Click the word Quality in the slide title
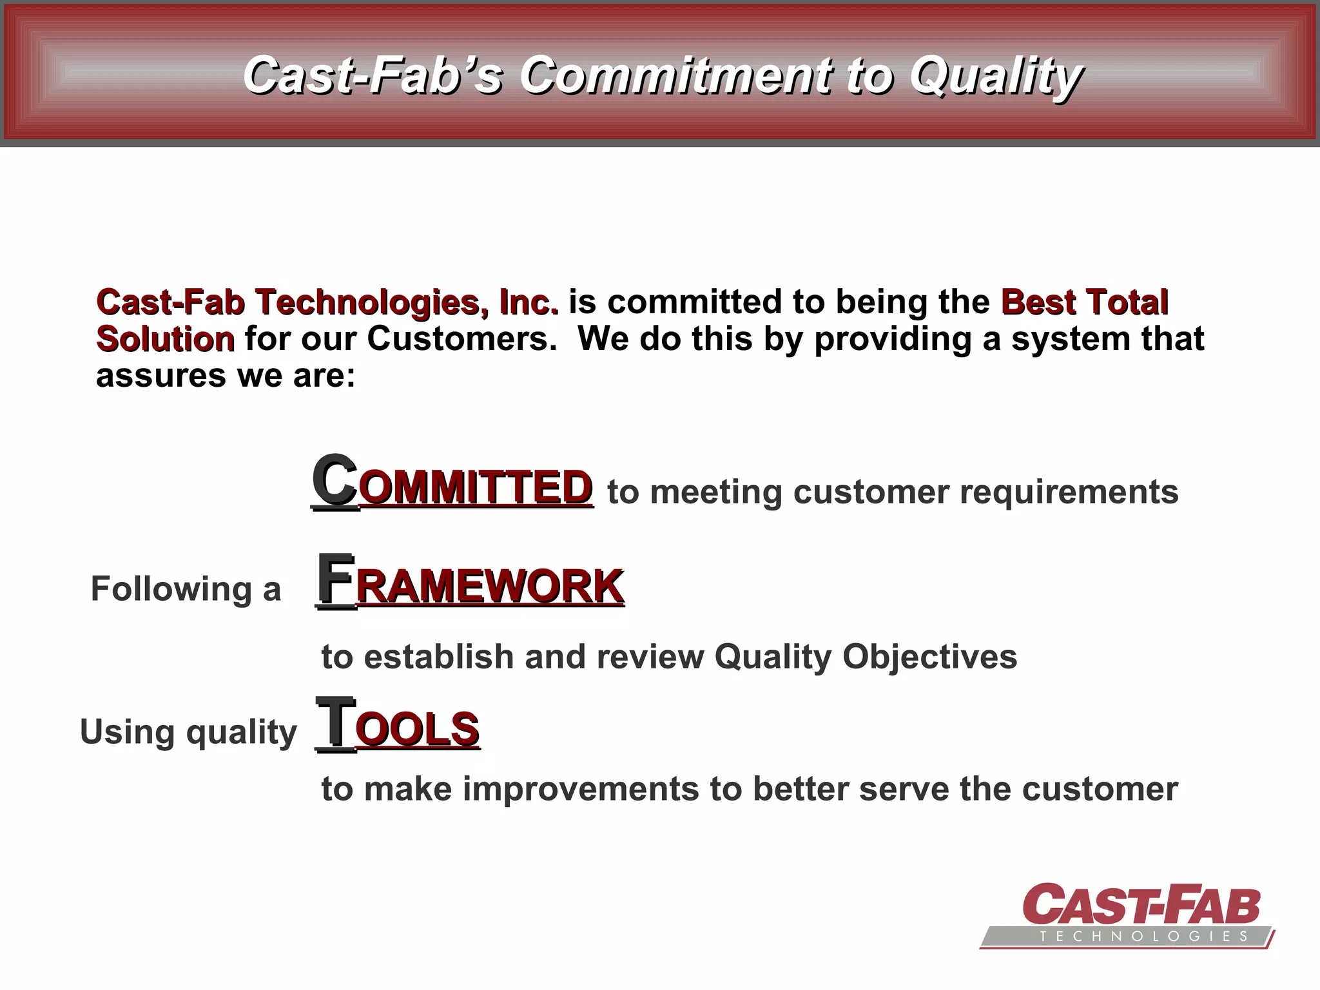[996, 76]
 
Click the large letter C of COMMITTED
[334, 480]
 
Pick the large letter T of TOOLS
[335, 723]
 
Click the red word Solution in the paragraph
[165, 339]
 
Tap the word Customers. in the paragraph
[461, 339]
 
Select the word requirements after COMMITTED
[1069, 492]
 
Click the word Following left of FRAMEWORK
[171, 588]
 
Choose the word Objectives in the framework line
[929, 657]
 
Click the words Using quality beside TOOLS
[188, 732]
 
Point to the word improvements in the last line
[580, 789]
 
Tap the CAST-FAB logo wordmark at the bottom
[1141, 904]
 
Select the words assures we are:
[226, 376]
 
